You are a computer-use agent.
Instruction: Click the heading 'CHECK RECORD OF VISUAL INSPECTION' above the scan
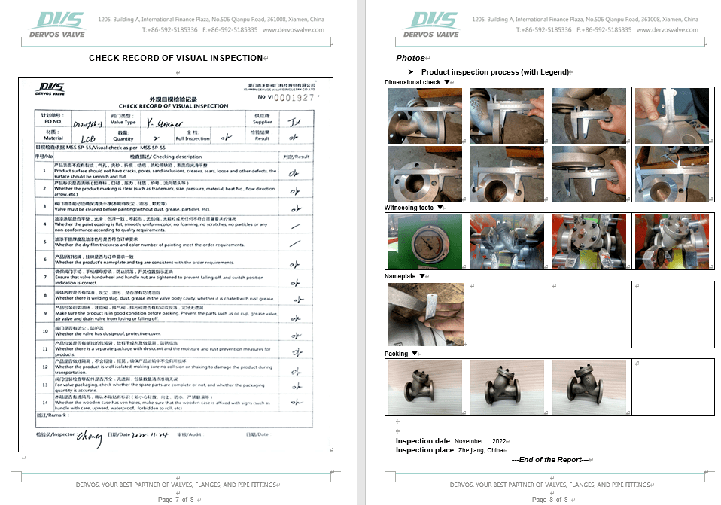[x=175, y=58]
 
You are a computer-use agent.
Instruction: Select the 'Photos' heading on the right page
[x=410, y=58]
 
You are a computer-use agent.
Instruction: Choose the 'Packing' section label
[x=397, y=354]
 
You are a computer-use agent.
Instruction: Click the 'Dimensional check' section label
[x=412, y=82]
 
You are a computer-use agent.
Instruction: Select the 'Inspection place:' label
[x=424, y=450]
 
